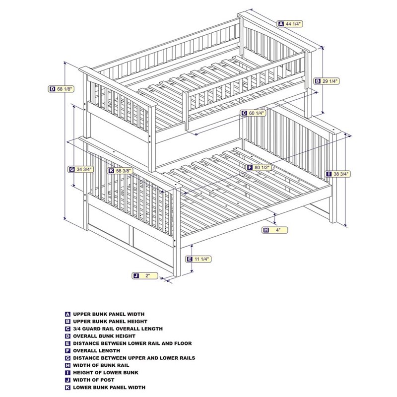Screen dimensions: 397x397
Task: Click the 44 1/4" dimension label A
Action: click(290, 23)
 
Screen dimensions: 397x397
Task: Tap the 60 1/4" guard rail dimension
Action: click(254, 113)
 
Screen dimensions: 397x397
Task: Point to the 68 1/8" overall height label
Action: click(61, 89)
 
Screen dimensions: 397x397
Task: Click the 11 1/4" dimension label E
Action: click(198, 259)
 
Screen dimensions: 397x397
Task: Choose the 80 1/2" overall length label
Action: click(259, 168)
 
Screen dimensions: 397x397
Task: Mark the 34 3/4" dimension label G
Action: click(81, 169)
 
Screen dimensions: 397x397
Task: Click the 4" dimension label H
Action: click(275, 230)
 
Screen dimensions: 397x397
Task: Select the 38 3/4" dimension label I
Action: click(337, 174)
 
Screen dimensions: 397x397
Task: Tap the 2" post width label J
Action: click(145, 275)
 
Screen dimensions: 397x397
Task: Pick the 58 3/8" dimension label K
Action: click(121, 171)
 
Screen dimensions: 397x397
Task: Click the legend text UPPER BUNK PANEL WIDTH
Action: click(109, 314)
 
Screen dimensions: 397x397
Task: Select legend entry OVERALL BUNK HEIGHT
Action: click(103, 336)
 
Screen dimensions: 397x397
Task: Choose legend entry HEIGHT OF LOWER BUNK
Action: click(106, 373)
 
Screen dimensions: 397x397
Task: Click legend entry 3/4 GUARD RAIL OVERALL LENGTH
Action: click(118, 329)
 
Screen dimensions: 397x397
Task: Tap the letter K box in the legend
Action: click(67, 388)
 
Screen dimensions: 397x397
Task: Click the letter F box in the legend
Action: click(67, 351)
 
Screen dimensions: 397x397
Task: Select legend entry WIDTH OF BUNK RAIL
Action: click(102, 365)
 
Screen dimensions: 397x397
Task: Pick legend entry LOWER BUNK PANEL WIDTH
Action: click(109, 388)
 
